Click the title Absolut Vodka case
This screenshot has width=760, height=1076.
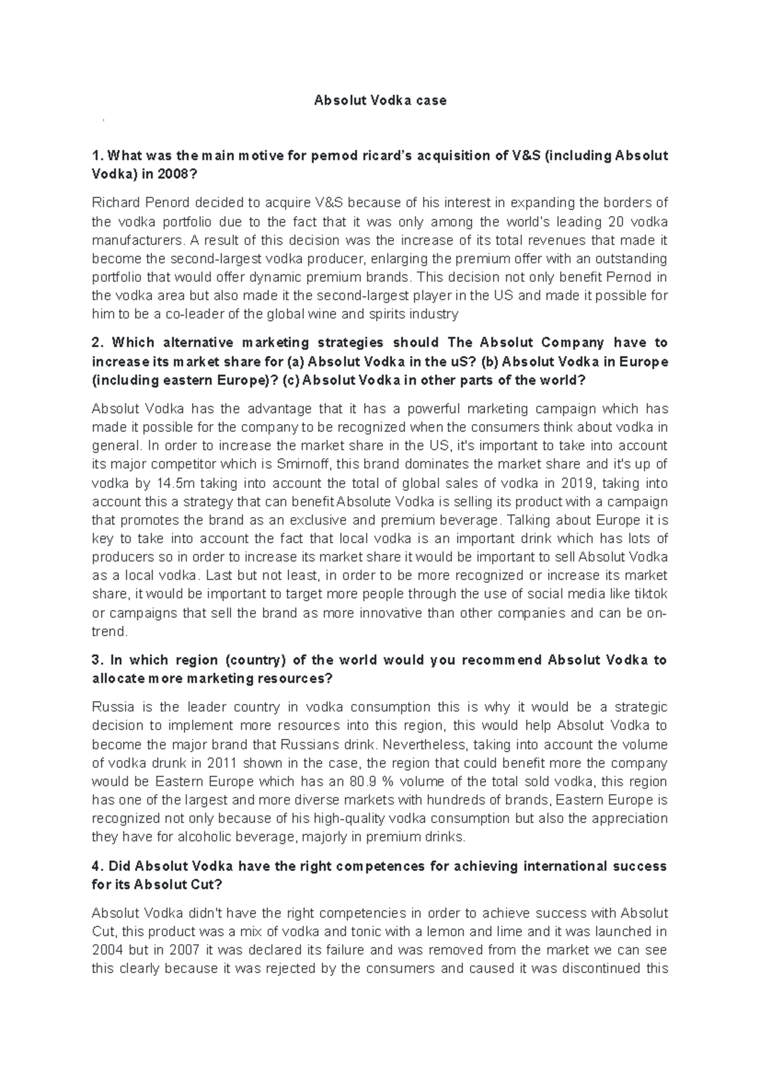(380, 100)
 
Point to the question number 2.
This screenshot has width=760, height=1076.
(97, 343)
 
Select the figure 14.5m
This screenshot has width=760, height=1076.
(188, 483)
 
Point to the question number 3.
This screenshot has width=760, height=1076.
(97, 660)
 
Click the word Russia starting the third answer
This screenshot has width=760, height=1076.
(111, 707)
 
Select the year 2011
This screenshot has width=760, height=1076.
(218, 763)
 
